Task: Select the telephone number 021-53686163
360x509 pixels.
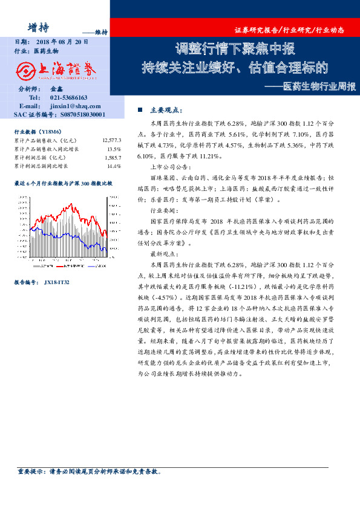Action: pos(68,97)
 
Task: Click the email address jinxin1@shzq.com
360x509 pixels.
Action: pos(75,105)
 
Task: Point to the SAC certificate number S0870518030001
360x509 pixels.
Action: pos(75,113)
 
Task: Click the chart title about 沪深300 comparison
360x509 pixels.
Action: pos(63,183)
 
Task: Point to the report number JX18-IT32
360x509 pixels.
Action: pos(57,282)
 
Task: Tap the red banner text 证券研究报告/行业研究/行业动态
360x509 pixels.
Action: pos(294,30)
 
